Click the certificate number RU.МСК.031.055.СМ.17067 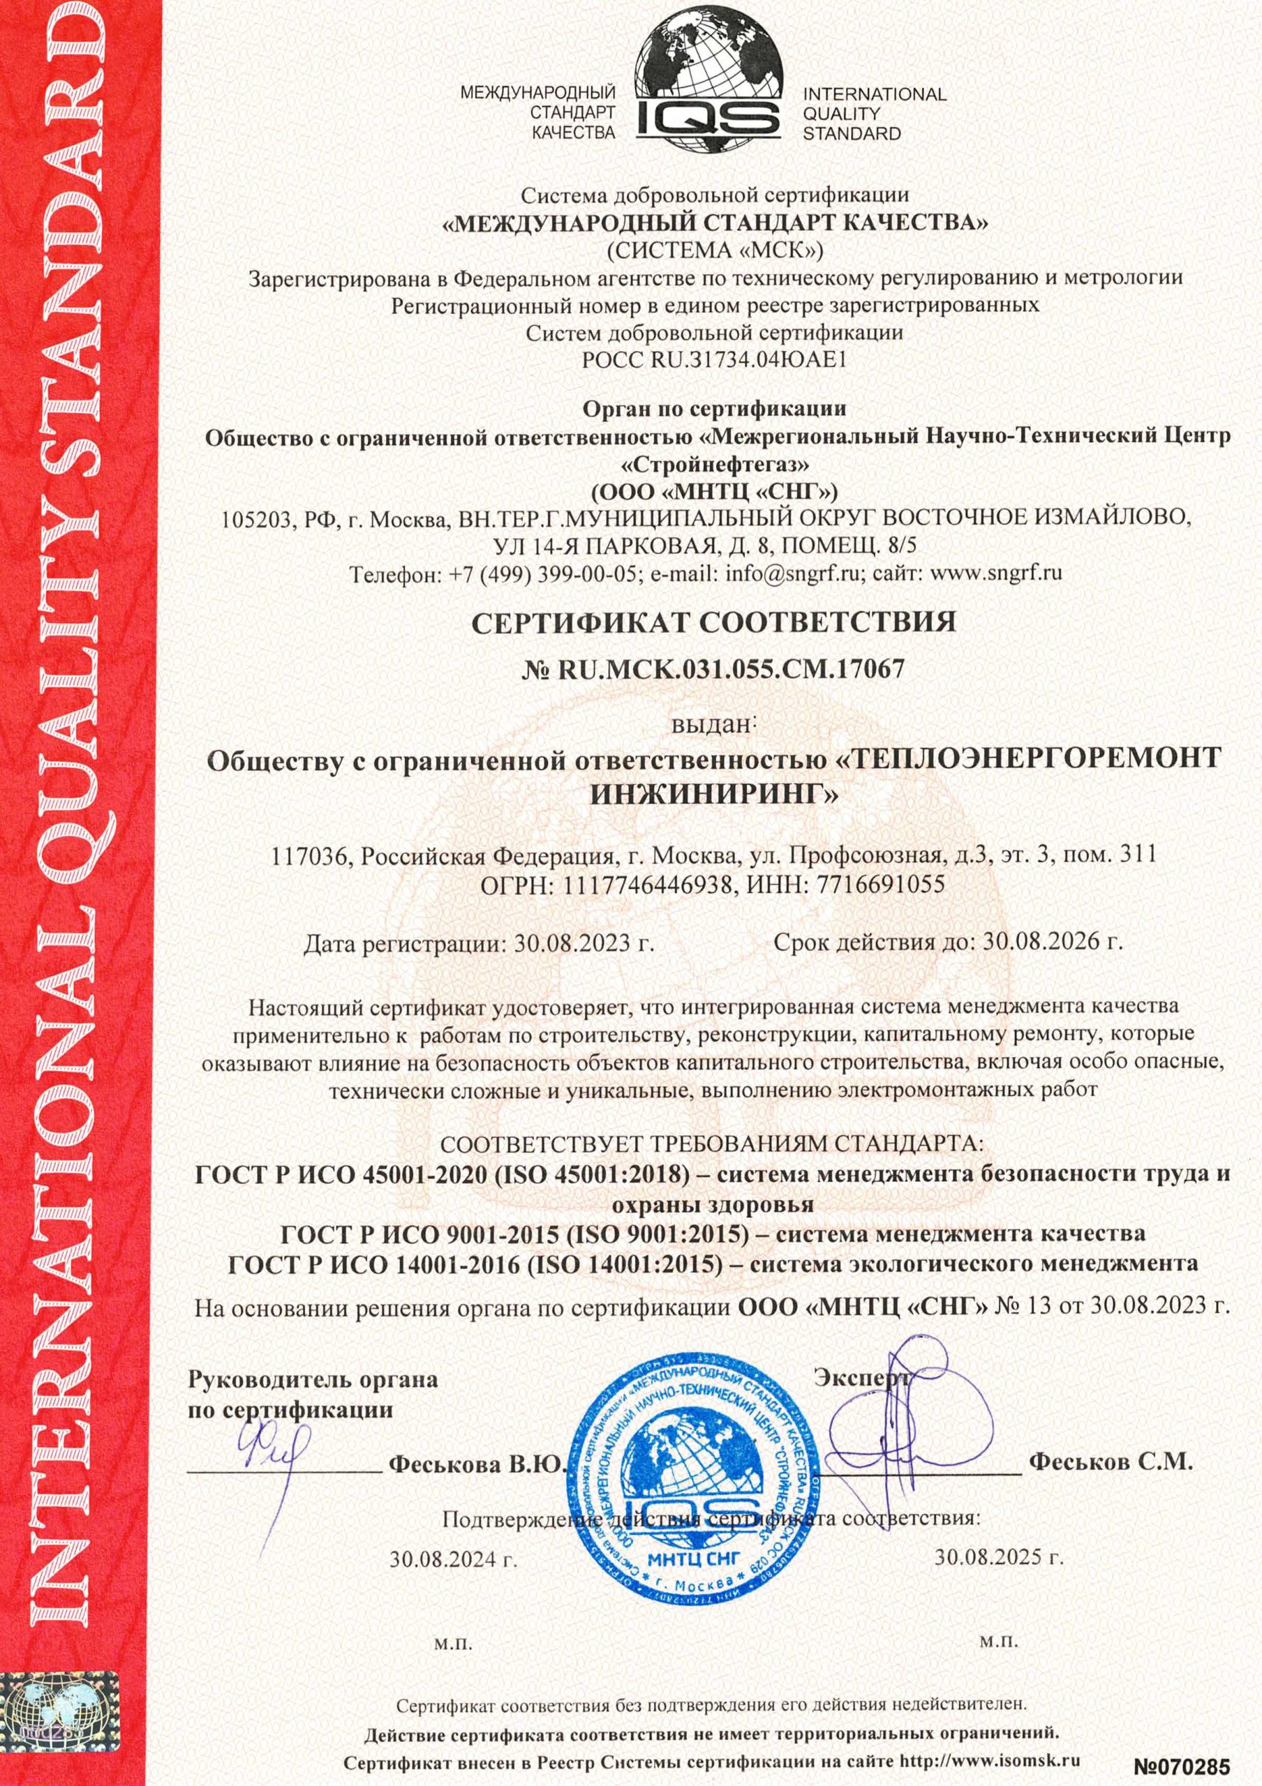(x=732, y=669)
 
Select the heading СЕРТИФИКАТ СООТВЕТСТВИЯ (x=714, y=622)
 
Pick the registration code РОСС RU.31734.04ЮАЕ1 (x=713, y=361)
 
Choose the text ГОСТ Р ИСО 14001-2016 (x=373, y=1264)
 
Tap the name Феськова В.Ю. (x=475, y=1464)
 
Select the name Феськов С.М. (x=1111, y=1462)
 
